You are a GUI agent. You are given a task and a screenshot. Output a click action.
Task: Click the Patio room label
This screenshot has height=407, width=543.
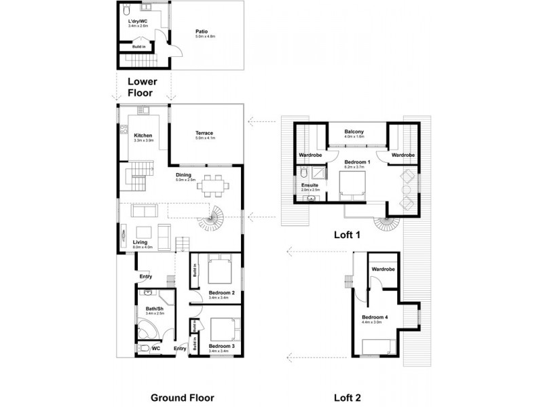click(x=202, y=31)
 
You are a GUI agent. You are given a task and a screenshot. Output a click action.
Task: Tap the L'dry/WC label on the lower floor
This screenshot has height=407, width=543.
click(x=138, y=22)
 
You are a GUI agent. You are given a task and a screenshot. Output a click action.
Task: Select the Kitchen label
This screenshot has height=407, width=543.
click(x=143, y=135)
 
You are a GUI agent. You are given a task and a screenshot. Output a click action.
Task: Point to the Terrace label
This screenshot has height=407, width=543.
click(x=204, y=133)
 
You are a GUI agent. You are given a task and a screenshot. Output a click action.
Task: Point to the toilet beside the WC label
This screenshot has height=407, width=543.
click(x=141, y=348)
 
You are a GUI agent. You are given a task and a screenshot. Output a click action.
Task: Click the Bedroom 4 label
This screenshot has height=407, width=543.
click(x=375, y=318)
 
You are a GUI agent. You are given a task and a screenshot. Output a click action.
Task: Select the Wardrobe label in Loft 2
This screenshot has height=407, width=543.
click(x=383, y=269)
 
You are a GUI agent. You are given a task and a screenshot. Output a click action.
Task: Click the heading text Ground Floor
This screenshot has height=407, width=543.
click(x=182, y=398)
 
